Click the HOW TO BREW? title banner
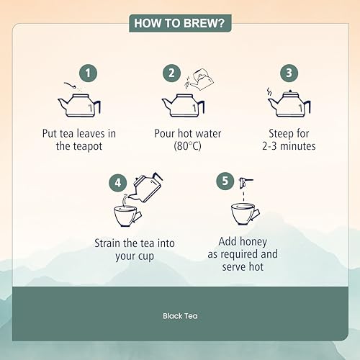tap(180, 23)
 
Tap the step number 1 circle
tap(89, 73)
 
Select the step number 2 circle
tap(171, 73)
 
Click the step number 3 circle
tap(289, 73)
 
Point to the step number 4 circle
tap(117, 183)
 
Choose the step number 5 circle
tap(225, 181)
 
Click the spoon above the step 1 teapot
tap(70, 85)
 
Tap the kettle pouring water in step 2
tap(202, 79)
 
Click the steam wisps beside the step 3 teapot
tap(269, 91)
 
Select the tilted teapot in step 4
tap(146, 187)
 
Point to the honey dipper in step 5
tap(245, 182)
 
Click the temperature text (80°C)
tap(187, 146)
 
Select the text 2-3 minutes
tap(289, 146)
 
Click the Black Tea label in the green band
tap(180, 316)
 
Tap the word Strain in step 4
tap(107, 243)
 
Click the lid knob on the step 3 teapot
tap(290, 91)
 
